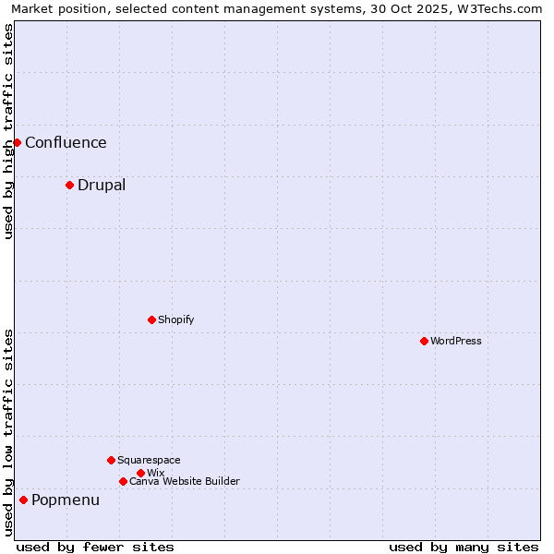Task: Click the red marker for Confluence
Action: (x=17, y=142)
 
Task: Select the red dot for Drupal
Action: (x=69, y=185)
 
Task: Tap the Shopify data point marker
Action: (x=151, y=319)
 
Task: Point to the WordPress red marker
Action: (x=424, y=341)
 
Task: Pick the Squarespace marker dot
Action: (x=111, y=460)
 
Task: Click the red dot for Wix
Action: (x=140, y=473)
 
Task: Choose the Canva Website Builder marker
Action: (x=123, y=481)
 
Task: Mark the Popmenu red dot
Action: (x=23, y=500)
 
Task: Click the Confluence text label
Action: (x=66, y=142)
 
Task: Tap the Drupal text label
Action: (x=102, y=185)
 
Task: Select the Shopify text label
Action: (x=175, y=319)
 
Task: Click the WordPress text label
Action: (x=456, y=341)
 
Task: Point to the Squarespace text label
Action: (x=149, y=460)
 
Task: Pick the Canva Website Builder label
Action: (x=185, y=481)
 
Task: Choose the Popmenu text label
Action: (x=66, y=500)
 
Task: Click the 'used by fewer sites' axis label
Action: (x=95, y=547)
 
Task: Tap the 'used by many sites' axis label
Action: (x=464, y=547)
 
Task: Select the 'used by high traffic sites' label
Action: (x=8, y=131)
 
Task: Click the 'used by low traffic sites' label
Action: (x=8, y=432)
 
